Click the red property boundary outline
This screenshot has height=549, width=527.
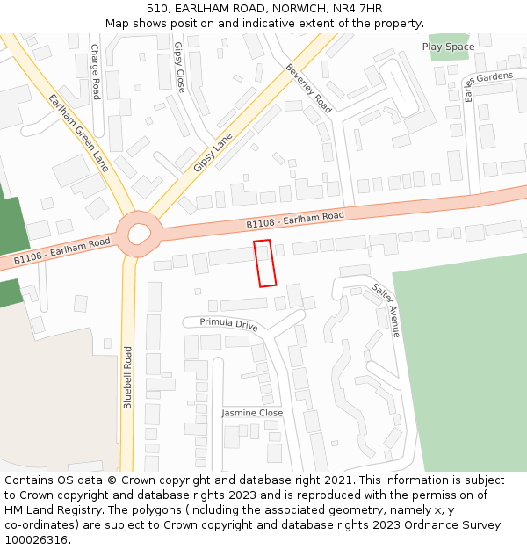265,263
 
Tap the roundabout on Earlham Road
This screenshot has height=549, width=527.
140,234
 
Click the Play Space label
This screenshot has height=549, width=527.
448,47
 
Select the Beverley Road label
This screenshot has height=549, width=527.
309,88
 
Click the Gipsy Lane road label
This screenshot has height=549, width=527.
213,151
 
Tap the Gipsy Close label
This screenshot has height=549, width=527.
179,68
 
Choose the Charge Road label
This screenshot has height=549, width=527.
95,71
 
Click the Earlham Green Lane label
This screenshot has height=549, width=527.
79,132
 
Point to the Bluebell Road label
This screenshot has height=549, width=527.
127,377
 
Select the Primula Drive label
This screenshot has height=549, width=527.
228,323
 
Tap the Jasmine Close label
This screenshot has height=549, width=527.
252,413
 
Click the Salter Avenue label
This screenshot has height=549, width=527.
386,309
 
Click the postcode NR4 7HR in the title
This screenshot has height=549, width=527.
357,8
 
